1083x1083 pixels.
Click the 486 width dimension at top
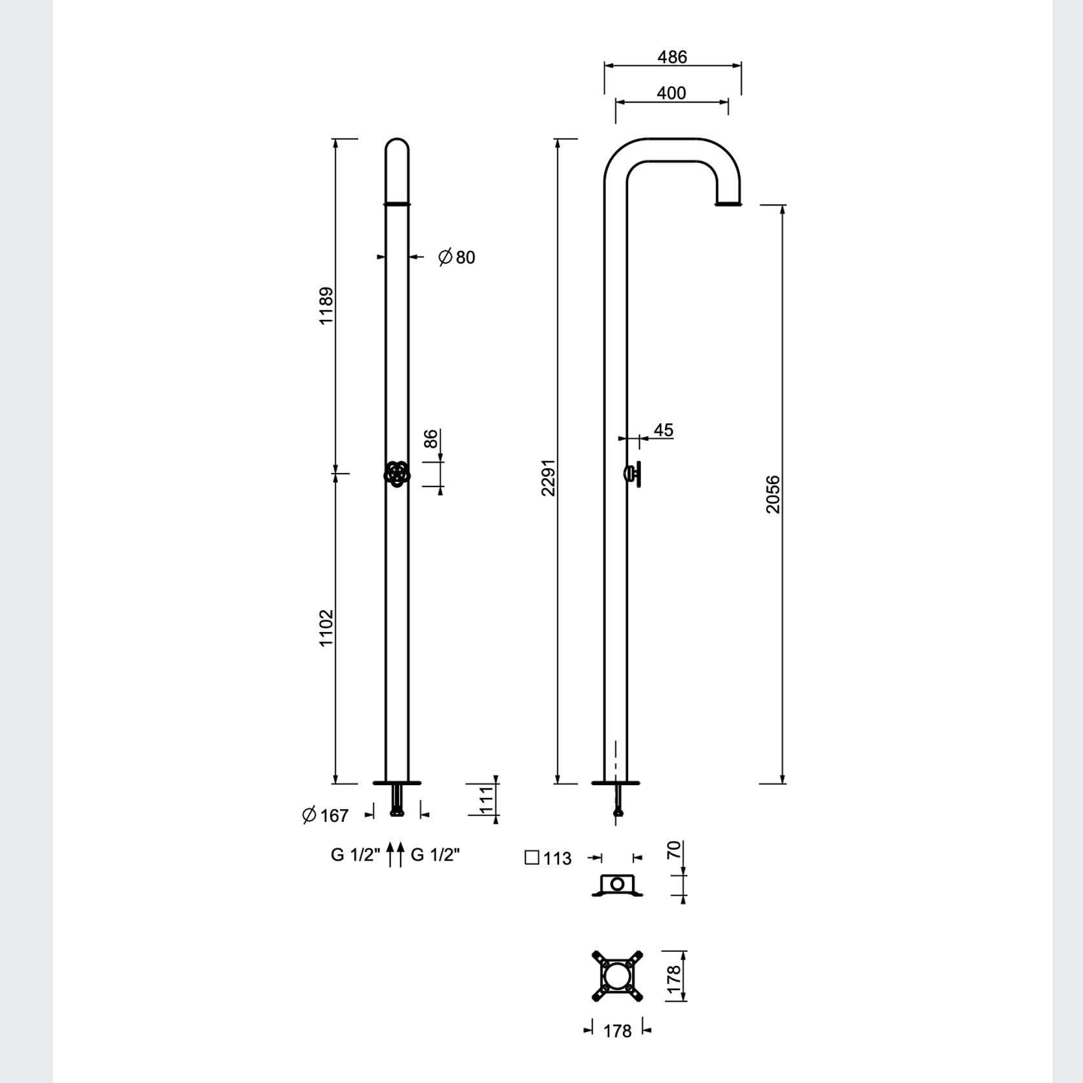coord(672,58)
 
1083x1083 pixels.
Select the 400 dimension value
coord(671,94)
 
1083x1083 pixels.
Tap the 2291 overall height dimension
coord(548,478)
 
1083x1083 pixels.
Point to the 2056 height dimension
coord(773,494)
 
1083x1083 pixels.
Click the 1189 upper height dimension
coord(326,306)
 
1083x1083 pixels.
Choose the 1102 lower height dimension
coord(326,627)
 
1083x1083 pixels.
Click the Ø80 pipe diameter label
coord(457,257)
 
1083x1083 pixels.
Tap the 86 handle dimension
coord(431,439)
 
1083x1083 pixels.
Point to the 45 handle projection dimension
coord(663,430)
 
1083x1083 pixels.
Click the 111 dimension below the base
coord(487,800)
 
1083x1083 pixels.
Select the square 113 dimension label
coord(549,858)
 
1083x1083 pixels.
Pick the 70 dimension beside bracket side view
coord(673,850)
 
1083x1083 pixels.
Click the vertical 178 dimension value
coord(673,979)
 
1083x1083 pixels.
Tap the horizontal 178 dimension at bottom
coord(617,1031)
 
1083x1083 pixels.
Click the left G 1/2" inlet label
coord(355,855)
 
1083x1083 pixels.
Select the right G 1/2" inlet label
coord(436,855)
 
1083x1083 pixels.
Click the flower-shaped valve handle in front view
coord(397,474)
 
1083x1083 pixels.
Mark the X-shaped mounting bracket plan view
coord(618,976)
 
